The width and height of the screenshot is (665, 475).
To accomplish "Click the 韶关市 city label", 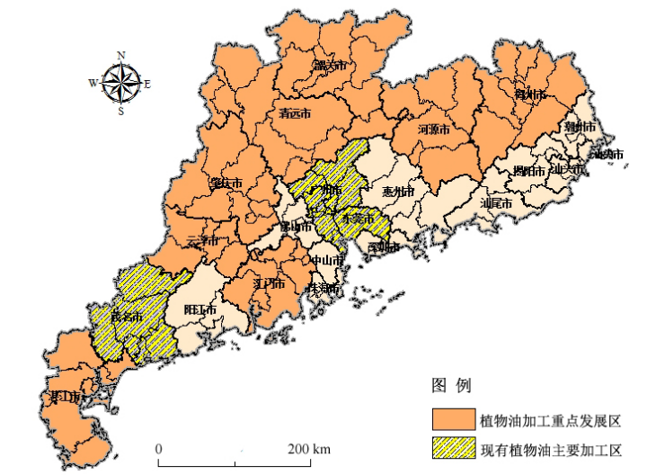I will (329, 66).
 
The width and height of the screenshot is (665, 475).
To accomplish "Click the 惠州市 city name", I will (398, 193).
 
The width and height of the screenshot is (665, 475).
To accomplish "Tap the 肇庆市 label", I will (226, 184).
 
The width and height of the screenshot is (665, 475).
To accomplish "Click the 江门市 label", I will (270, 283).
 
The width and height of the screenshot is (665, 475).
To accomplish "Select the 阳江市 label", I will (199, 309).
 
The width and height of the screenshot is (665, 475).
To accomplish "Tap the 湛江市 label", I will (66, 397).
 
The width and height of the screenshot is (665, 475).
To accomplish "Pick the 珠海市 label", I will (324, 289).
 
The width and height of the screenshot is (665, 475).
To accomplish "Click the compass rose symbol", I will (120, 84).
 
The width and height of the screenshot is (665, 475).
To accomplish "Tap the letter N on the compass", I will (120, 54).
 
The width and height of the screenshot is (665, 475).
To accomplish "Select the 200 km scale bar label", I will (310, 449).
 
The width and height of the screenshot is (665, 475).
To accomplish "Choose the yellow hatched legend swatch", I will (452, 448).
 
